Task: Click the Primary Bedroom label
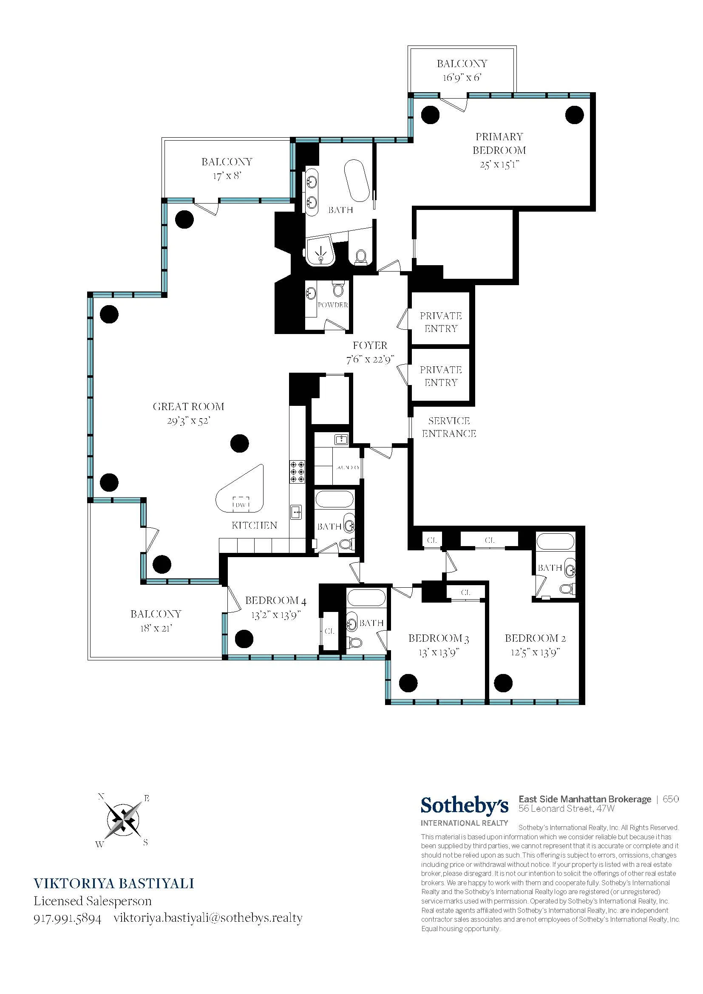[x=499, y=143]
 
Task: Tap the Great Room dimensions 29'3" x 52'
[x=189, y=420]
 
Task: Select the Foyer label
[x=370, y=345]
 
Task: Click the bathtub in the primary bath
[x=357, y=181]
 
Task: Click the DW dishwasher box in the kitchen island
[x=241, y=504]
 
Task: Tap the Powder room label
[x=332, y=305]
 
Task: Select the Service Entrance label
[x=449, y=427]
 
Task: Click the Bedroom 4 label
[x=276, y=600]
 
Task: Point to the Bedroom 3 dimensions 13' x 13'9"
[x=439, y=652]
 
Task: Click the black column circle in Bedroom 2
[x=503, y=683]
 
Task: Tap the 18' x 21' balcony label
[x=156, y=620]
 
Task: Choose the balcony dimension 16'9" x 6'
[x=462, y=78]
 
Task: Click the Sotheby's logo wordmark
[x=465, y=806]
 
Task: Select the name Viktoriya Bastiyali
[x=114, y=884]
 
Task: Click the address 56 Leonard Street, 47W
[x=567, y=808]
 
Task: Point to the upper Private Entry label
[x=441, y=322]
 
